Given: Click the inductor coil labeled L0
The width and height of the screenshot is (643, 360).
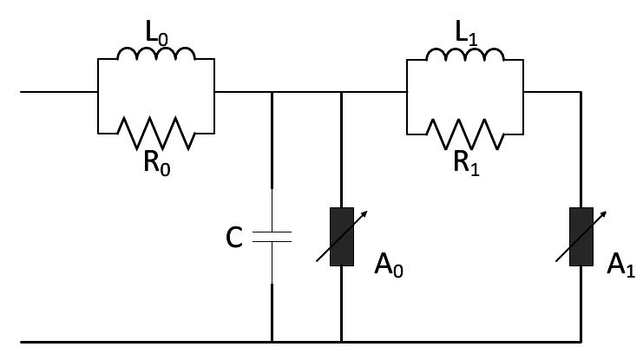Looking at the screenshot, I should tap(157, 54).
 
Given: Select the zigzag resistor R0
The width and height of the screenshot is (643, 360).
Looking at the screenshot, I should tap(157, 132).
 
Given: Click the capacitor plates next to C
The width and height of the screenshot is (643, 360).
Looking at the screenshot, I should tap(272, 235).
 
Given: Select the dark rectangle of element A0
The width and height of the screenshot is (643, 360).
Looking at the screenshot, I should tap(341, 235).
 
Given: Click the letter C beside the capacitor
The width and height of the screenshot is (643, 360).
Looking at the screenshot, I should tap(233, 237).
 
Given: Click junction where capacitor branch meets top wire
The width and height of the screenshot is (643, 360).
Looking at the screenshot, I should tap(272, 91).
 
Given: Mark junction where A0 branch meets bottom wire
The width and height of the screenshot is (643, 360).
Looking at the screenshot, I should tap(341, 340).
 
